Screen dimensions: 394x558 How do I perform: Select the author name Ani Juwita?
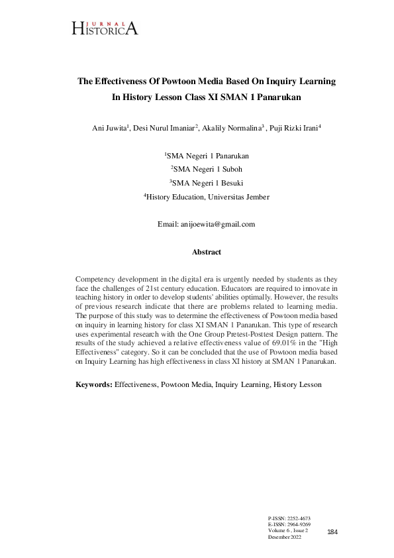pyautogui.click(x=108, y=128)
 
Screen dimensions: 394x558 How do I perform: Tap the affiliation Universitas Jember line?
pyautogui.click(x=207, y=197)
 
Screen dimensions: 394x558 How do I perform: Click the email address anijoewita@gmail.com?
pyautogui.click(x=217, y=224)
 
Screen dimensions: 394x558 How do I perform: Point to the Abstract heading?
pyautogui.click(x=206, y=252)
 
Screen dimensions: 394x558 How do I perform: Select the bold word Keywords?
pyautogui.click(x=93, y=384)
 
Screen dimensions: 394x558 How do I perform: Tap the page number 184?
pyautogui.click(x=332, y=532)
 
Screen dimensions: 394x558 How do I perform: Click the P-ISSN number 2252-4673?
pyautogui.click(x=298, y=518)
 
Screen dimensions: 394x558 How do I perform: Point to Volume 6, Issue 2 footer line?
pyautogui.click(x=288, y=530)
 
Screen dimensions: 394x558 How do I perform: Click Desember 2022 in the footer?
pyautogui.click(x=285, y=537)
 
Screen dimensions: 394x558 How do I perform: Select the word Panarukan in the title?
pyautogui.click(x=270, y=97)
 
